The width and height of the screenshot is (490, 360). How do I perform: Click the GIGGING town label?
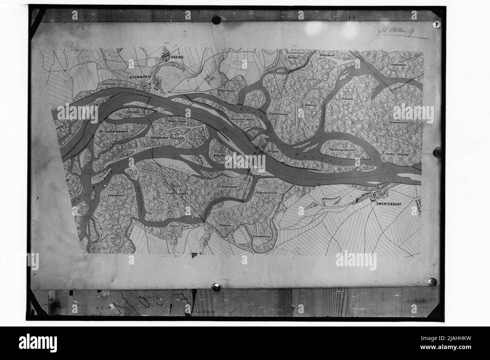pyautogui.click(x=176, y=58)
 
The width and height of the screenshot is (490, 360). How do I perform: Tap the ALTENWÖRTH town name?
pyautogui.click(x=141, y=76)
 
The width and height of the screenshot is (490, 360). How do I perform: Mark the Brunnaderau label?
pyautogui.click(x=400, y=123)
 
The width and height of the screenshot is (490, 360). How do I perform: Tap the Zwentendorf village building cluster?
pyautogui.click(x=371, y=196)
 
